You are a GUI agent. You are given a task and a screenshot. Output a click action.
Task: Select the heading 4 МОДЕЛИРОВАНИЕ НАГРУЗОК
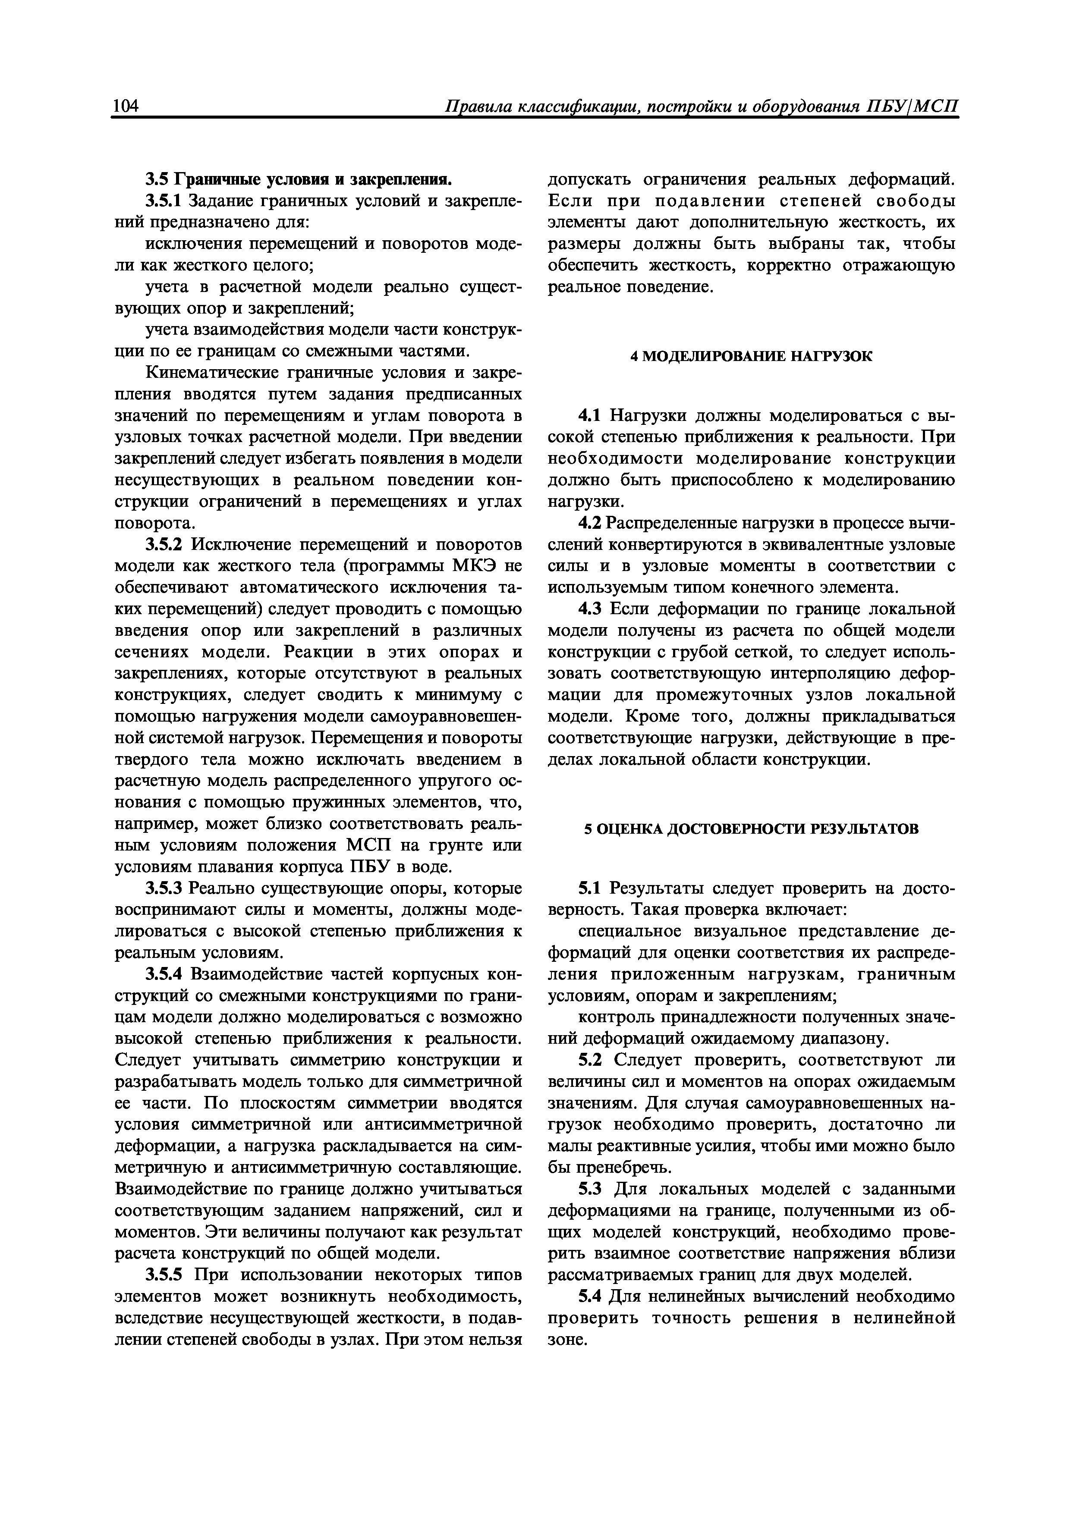tap(751, 357)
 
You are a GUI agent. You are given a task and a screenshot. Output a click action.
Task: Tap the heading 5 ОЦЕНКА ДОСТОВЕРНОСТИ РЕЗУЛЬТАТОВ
tap(751, 829)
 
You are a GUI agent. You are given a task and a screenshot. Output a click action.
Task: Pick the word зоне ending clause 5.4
tap(566, 1340)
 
